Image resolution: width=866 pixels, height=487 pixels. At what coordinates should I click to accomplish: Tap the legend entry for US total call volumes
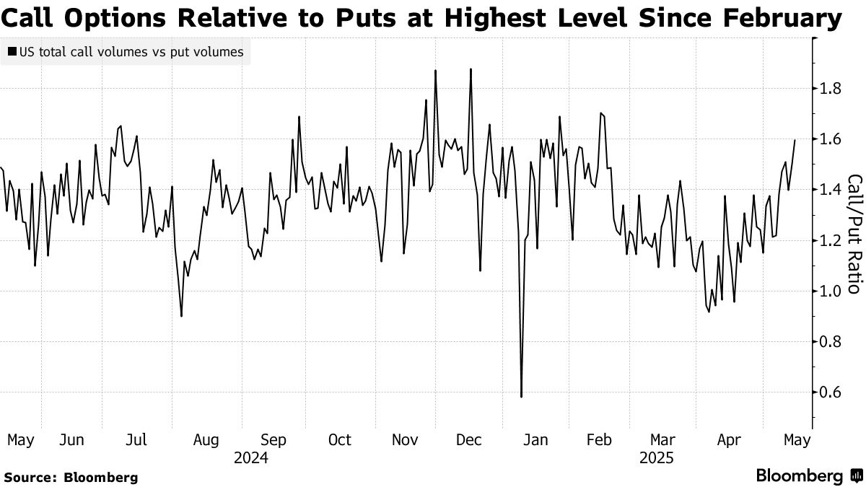[126, 52]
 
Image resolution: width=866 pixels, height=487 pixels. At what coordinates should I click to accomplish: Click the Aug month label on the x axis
[206, 439]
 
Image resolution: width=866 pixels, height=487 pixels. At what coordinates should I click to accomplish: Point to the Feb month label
[600, 439]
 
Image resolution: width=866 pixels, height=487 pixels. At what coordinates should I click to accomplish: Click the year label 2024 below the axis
[251, 458]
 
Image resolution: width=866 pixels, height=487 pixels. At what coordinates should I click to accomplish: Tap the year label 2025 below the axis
[656, 458]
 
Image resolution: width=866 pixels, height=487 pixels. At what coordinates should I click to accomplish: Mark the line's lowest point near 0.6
[521, 396]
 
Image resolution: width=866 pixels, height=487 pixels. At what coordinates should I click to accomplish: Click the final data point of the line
[795, 140]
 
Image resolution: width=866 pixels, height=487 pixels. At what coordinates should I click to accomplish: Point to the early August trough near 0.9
[181, 316]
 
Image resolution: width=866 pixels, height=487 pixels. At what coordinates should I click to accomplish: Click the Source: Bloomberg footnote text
[71, 477]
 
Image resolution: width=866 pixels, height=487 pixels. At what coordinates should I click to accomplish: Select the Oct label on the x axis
[339, 439]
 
